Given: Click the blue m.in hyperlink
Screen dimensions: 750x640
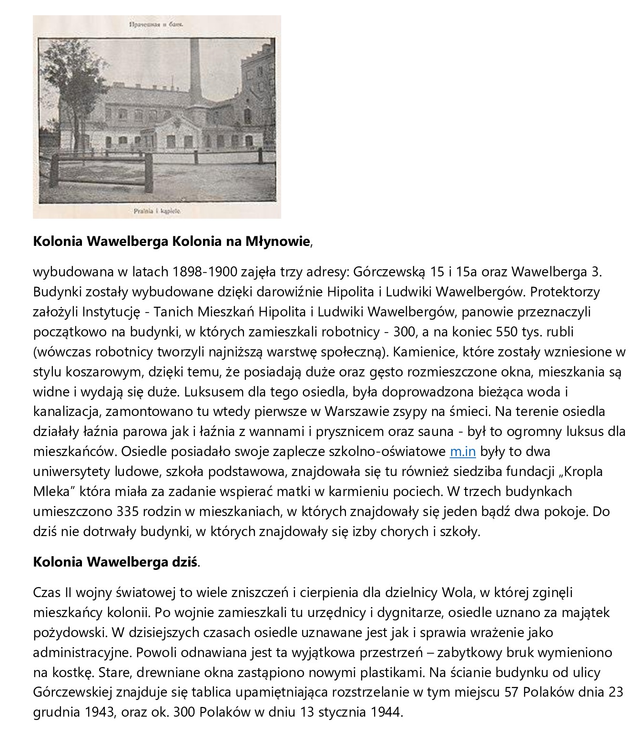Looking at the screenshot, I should click(x=462, y=451).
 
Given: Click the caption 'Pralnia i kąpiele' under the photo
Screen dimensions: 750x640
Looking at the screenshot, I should click(x=157, y=210).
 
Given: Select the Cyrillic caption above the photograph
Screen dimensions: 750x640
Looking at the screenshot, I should click(x=157, y=22).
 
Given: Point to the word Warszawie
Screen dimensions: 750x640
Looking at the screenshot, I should click(x=365, y=411).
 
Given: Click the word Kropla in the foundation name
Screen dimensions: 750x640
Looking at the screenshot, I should click(x=583, y=471).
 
